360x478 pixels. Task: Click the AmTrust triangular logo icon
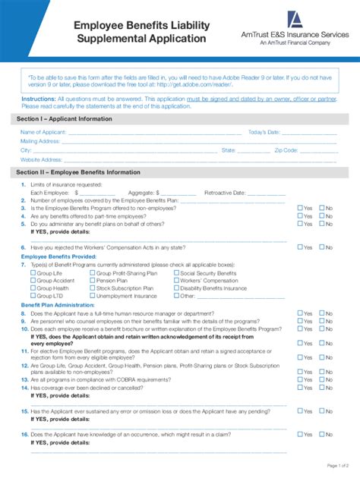[294, 20]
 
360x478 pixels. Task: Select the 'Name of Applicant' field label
[43, 132]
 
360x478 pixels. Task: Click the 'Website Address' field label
[41, 159]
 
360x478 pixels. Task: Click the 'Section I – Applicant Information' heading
[64, 118]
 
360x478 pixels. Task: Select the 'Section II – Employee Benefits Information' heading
[78, 172]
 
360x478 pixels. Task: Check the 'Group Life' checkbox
[33, 272]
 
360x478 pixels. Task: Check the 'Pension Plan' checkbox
[93, 280]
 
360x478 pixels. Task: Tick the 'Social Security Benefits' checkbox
[176, 272]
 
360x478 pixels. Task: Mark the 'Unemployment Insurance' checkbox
[93, 296]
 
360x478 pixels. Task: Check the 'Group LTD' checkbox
[33, 296]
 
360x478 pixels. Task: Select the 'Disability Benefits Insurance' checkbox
[176, 288]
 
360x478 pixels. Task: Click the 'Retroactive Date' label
[230, 193]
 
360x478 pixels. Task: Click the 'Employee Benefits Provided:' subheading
[58, 256]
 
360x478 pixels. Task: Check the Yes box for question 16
[301, 435]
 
